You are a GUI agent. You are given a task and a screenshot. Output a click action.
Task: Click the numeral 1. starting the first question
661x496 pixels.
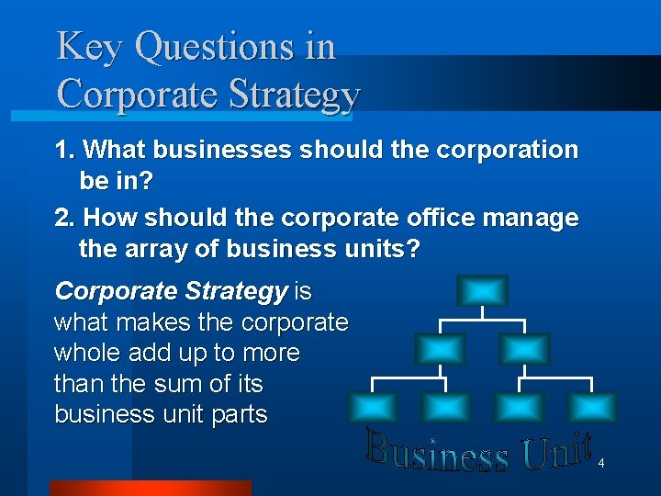point(66,149)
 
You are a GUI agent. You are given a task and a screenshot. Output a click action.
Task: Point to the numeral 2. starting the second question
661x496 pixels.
point(66,218)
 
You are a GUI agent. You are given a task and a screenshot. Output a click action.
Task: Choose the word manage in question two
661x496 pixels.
point(533,220)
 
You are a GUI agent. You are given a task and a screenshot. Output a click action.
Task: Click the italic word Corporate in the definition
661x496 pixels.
point(116,292)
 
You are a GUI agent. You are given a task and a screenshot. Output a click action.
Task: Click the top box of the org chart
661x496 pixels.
point(482,291)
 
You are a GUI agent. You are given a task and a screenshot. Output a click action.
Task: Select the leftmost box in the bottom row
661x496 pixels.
point(372,406)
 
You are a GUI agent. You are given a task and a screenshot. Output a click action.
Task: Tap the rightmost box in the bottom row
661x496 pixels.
point(592,406)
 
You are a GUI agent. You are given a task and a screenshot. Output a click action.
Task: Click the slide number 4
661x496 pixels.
point(600,464)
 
